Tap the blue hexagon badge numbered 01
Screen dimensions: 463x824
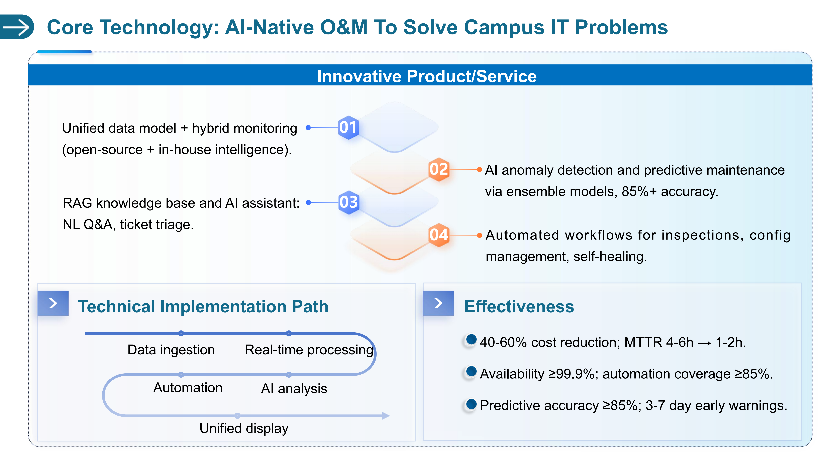pos(348,127)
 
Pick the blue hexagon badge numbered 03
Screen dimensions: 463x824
pos(349,202)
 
